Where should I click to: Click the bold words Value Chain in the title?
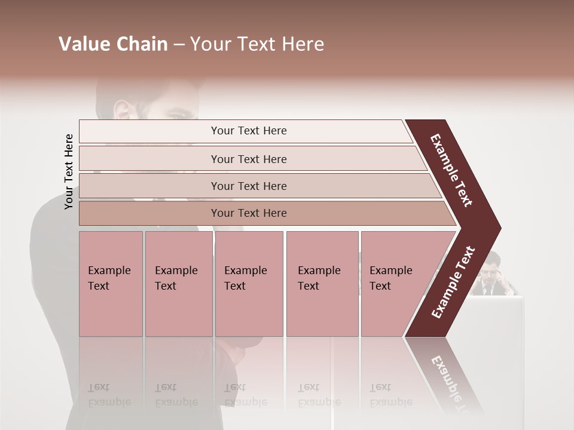tap(113, 44)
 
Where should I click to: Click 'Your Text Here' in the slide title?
tap(257, 44)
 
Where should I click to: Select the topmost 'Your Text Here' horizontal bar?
tap(249, 131)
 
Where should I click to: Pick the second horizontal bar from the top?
tap(249, 159)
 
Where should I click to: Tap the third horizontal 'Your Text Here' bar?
tap(249, 186)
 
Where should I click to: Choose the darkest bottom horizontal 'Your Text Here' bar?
tap(249, 213)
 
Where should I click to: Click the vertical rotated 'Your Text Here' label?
tap(69, 172)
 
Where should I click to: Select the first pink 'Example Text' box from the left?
tap(111, 284)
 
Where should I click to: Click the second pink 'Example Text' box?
tap(178, 284)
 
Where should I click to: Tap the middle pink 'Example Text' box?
tap(249, 284)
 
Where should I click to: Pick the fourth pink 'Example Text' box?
tap(322, 284)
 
